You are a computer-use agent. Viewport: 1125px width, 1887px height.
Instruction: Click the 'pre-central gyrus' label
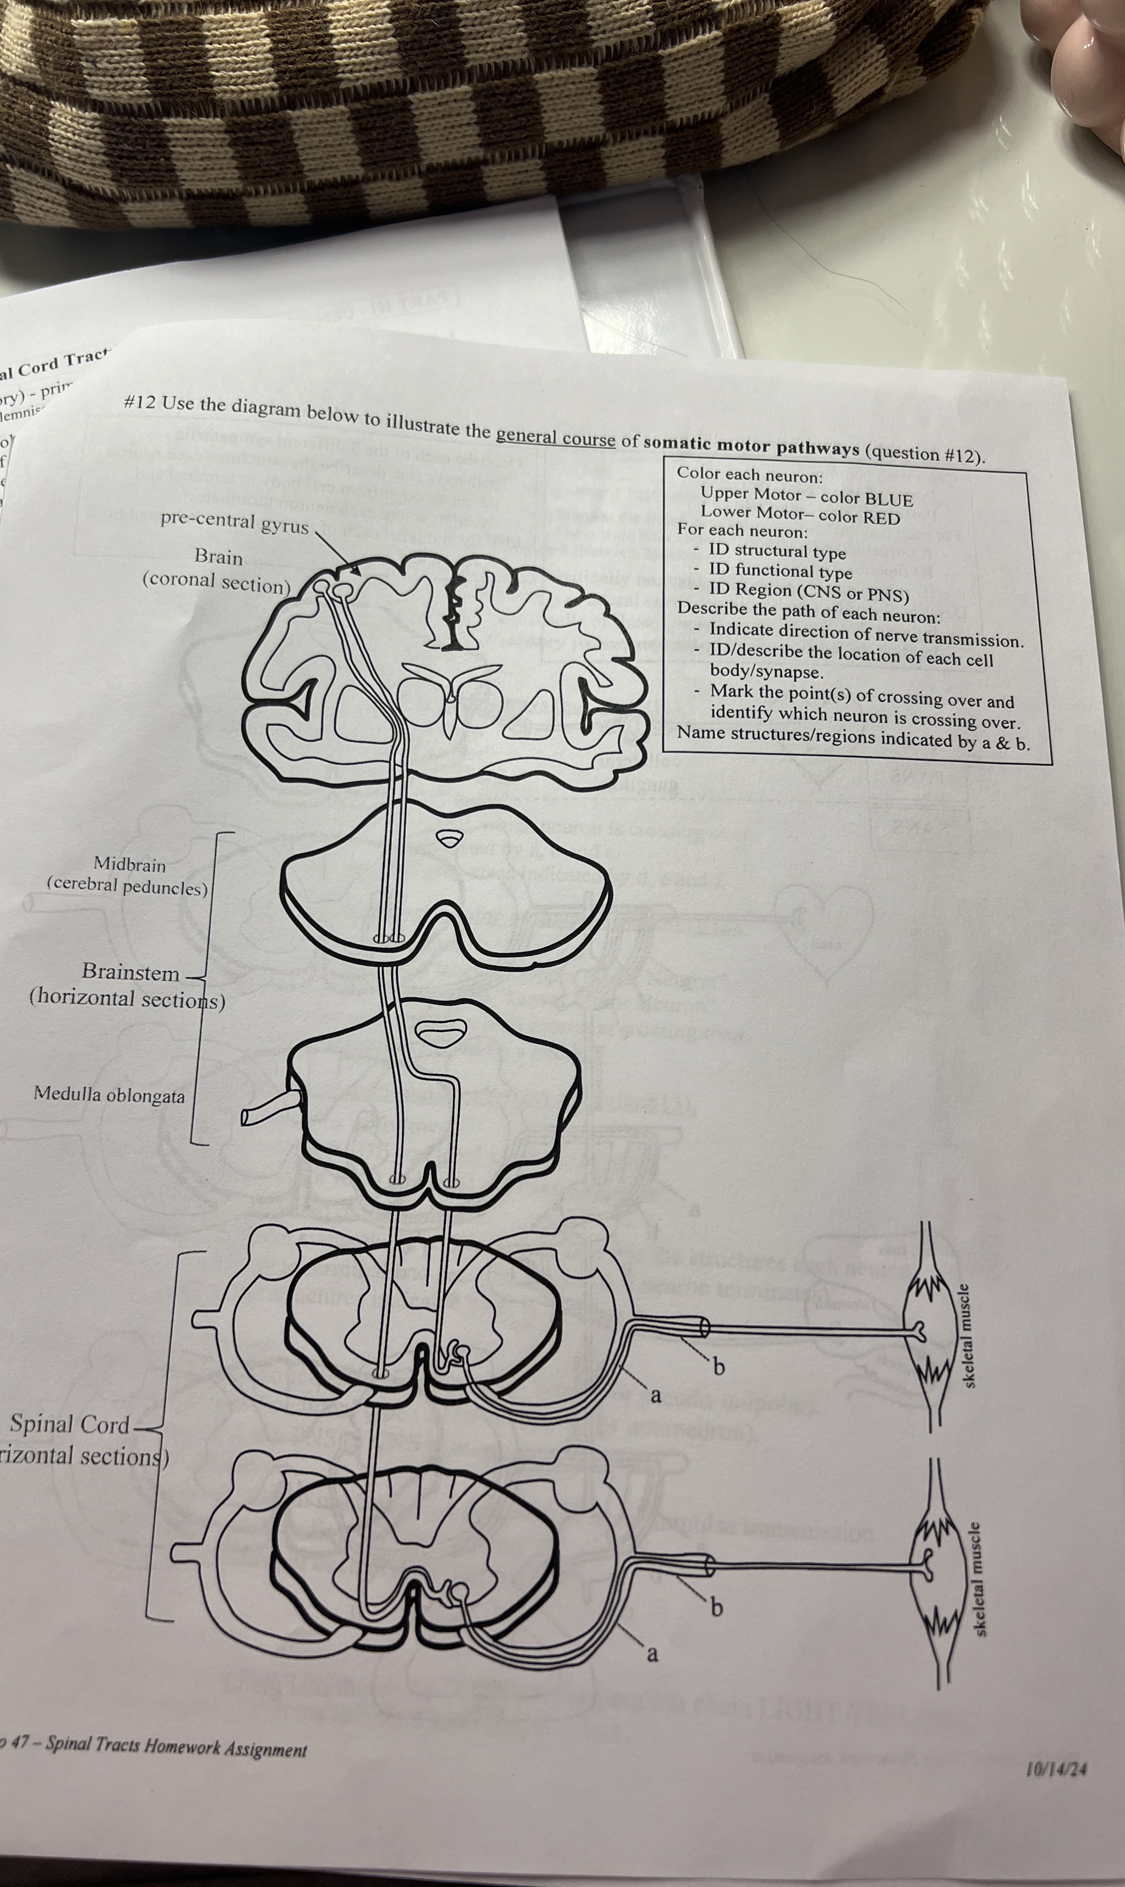234,522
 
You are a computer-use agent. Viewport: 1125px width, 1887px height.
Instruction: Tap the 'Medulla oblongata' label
109,1094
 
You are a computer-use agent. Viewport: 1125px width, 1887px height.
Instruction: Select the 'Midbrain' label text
130,863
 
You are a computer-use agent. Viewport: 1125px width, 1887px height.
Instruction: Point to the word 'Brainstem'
131,973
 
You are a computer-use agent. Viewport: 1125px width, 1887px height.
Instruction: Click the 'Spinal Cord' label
70,1424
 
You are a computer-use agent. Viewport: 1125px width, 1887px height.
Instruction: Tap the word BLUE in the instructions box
887,500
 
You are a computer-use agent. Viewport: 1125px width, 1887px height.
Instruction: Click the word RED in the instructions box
881,519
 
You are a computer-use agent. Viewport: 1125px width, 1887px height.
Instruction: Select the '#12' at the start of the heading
139,402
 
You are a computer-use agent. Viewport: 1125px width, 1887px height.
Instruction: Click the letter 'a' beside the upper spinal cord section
656,1394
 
